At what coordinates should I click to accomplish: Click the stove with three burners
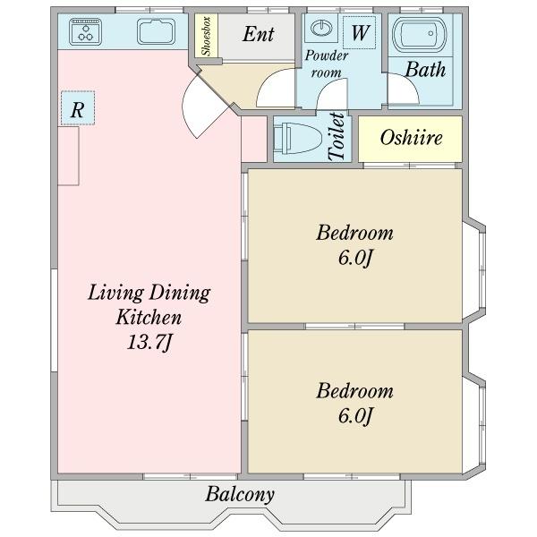click(85, 32)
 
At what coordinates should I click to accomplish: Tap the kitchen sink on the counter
click(156, 32)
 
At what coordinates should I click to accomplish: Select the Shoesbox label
click(206, 36)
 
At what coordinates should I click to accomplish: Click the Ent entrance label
click(259, 34)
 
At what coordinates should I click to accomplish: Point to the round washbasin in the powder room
click(321, 28)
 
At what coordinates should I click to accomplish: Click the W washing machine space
click(360, 32)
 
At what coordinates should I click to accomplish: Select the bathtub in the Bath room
click(420, 34)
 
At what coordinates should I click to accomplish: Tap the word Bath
click(425, 70)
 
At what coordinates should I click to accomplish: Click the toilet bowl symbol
click(298, 139)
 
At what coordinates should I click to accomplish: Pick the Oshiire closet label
click(411, 138)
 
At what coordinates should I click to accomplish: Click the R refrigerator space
click(78, 108)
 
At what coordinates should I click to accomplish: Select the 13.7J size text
click(149, 342)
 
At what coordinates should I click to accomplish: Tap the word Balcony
click(240, 494)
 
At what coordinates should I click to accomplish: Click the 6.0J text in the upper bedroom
click(355, 258)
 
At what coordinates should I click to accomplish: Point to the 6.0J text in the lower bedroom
click(355, 416)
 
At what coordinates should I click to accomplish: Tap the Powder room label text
click(326, 64)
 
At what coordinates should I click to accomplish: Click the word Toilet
click(337, 136)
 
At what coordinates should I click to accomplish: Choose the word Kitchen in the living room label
click(149, 317)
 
